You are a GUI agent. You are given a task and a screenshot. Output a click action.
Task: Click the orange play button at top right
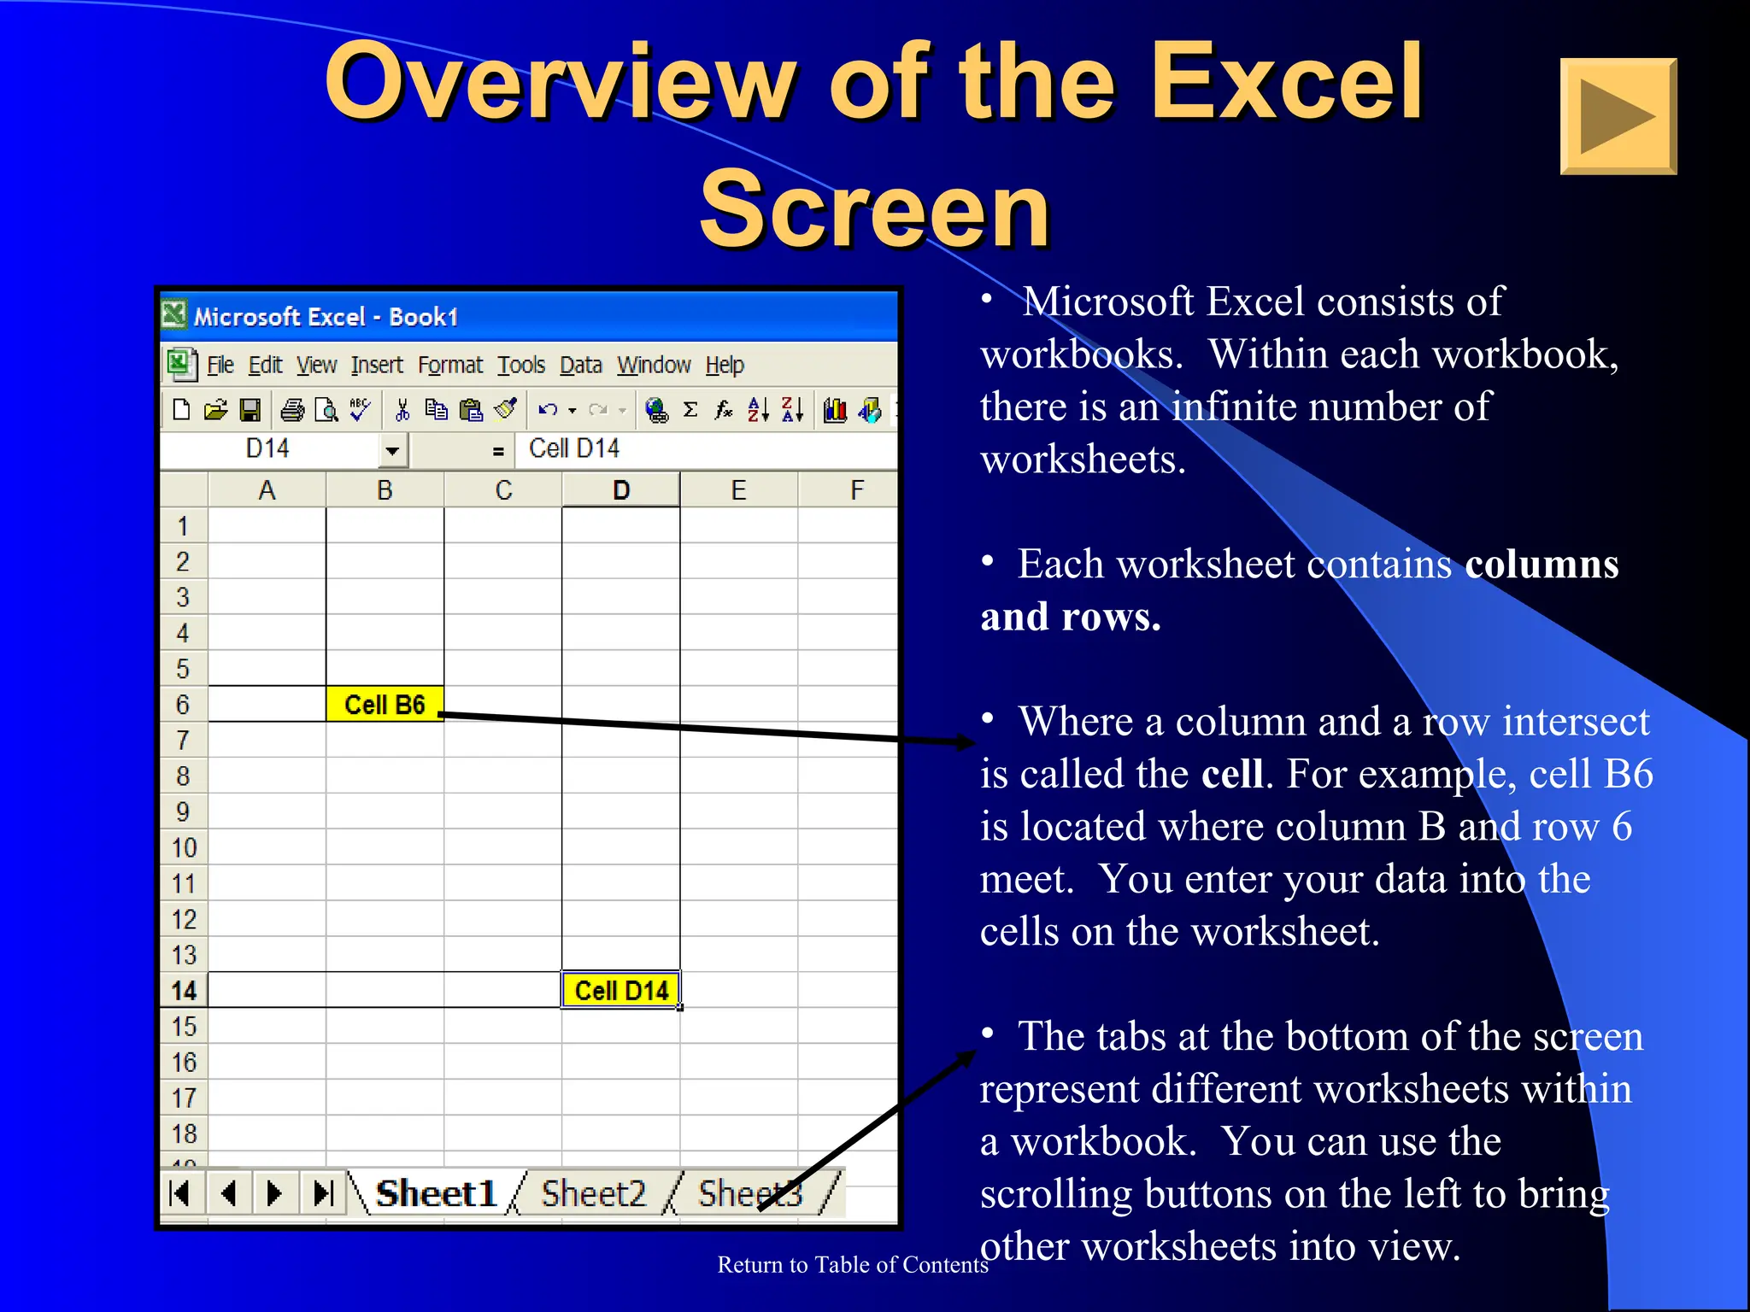tap(1618, 116)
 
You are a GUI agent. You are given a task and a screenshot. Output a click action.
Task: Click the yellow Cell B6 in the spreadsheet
tap(385, 704)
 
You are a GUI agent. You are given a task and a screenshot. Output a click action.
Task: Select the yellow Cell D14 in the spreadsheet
tap(621, 990)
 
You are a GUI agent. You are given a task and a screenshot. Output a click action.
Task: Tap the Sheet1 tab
tap(436, 1193)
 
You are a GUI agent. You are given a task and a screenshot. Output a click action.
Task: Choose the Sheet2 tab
tap(593, 1193)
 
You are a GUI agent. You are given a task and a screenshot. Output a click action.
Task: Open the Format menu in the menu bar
tap(449, 366)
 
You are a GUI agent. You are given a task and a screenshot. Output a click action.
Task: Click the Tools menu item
tap(521, 366)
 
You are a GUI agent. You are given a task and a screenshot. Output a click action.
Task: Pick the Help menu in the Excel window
tap(724, 366)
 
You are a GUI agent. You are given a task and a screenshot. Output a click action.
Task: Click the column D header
tap(621, 490)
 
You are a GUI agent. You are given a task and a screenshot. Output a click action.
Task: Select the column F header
tap(855, 490)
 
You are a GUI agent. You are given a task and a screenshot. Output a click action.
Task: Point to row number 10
tap(184, 847)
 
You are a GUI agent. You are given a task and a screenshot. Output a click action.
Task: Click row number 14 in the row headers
tap(184, 991)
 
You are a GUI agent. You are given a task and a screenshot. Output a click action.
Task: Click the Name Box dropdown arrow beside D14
tap(392, 450)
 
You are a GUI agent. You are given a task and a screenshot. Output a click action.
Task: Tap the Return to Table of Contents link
tap(852, 1264)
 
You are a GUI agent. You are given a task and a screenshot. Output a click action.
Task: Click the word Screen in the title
tap(874, 209)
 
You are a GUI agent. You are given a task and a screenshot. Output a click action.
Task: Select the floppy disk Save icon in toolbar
tap(250, 411)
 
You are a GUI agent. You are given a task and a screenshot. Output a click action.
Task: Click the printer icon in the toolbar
tap(292, 411)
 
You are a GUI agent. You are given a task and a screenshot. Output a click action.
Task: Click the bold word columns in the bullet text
tap(1541, 565)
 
